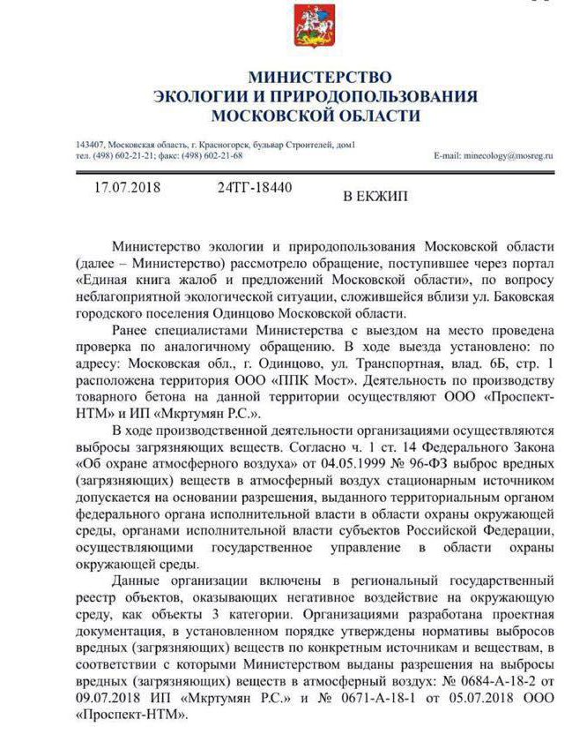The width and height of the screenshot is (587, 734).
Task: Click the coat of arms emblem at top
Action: (x=306, y=26)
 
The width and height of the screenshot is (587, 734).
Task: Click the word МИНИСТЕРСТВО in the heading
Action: (x=319, y=78)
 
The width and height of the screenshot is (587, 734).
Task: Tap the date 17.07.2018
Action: (x=128, y=188)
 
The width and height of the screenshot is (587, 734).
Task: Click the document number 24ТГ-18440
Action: (x=254, y=188)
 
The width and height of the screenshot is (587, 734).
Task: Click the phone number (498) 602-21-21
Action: (x=122, y=154)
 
